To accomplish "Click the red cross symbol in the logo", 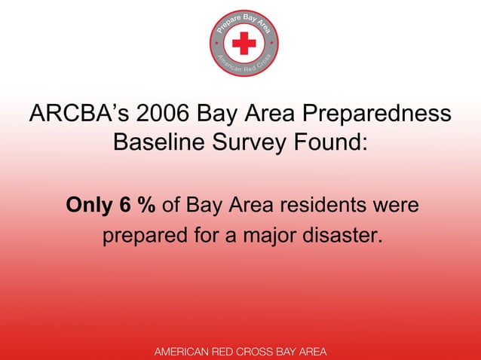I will pos(244,44).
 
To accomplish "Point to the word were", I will pos(392,206).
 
